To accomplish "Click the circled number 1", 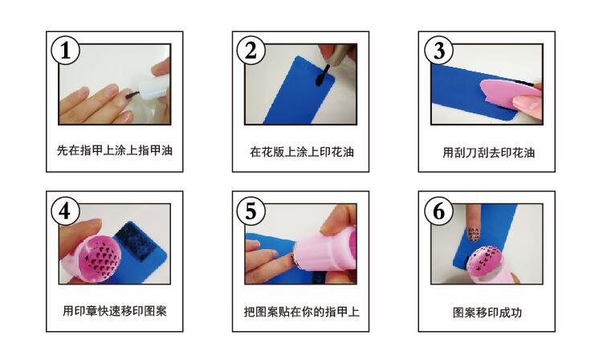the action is [65, 51].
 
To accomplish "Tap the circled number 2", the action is [251, 51].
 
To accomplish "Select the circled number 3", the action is [438, 51].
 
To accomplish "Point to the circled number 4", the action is [65, 211].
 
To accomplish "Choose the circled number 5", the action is [251, 211].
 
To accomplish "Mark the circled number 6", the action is [438, 211].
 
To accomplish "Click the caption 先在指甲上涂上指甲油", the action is [115, 150].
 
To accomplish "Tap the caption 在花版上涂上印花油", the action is [302, 152].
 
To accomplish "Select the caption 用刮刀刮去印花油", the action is [488, 153].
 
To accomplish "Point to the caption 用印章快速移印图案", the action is [115, 311].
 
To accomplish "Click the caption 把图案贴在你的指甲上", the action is [302, 312].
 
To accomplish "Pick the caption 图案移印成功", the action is [487, 313].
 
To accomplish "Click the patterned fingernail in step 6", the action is [474, 234].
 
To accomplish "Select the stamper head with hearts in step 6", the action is [485, 260].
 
